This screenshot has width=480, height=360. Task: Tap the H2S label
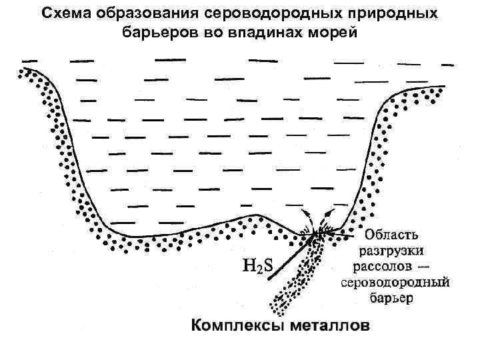[x=257, y=267]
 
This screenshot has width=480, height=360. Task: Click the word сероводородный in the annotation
[x=395, y=282]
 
